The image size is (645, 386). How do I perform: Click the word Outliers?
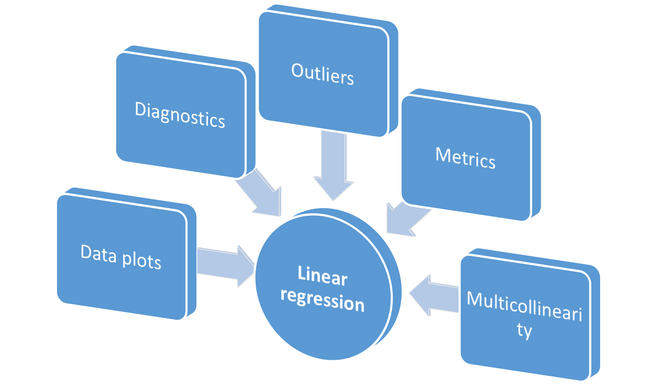coord(322,74)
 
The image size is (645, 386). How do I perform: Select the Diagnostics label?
coord(180,115)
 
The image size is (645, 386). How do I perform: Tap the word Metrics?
coord(465,158)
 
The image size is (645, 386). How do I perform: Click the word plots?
coord(141,261)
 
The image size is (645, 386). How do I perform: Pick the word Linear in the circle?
coord(322,275)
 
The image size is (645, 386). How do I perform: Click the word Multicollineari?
coord(524,306)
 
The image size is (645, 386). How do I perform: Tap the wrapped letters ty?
coord(524,330)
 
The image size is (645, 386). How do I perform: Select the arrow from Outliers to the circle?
coord(334,167)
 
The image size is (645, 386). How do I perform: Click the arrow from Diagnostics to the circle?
coord(260,195)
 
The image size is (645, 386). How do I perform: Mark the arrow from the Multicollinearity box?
coord(433,296)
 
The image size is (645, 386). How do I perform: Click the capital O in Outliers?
coord(298,70)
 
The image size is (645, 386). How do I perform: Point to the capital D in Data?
coord(87,252)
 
